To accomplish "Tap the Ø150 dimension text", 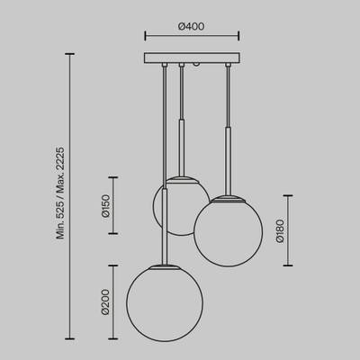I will point(105,205).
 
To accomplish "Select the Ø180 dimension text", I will point(280,230).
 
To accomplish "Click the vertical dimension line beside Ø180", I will point(288,230).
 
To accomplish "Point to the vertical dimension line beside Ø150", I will point(113,205).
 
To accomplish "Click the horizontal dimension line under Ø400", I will point(192,37).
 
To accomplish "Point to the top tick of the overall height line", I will point(71,54).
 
